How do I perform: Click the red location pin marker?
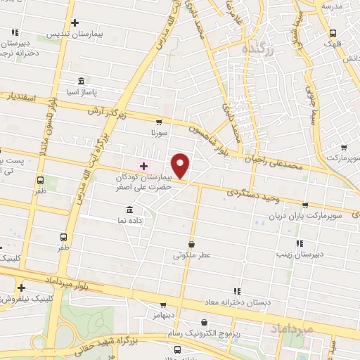181,166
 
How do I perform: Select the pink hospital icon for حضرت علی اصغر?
144,166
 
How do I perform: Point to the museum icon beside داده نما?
129,210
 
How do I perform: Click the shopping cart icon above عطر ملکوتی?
191,244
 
